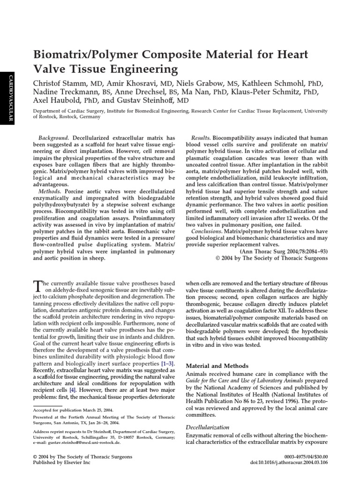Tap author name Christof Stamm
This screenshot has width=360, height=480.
(x=60, y=83)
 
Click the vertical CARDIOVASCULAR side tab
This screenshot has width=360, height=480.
(x=7, y=98)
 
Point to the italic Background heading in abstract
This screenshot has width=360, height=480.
(x=54, y=138)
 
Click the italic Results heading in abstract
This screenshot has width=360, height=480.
(x=201, y=138)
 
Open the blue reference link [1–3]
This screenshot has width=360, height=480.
(x=167, y=364)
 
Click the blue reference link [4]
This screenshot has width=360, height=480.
(x=73, y=390)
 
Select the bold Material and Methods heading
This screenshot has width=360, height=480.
(x=217, y=366)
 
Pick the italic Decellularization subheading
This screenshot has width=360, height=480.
(x=208, y=427)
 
